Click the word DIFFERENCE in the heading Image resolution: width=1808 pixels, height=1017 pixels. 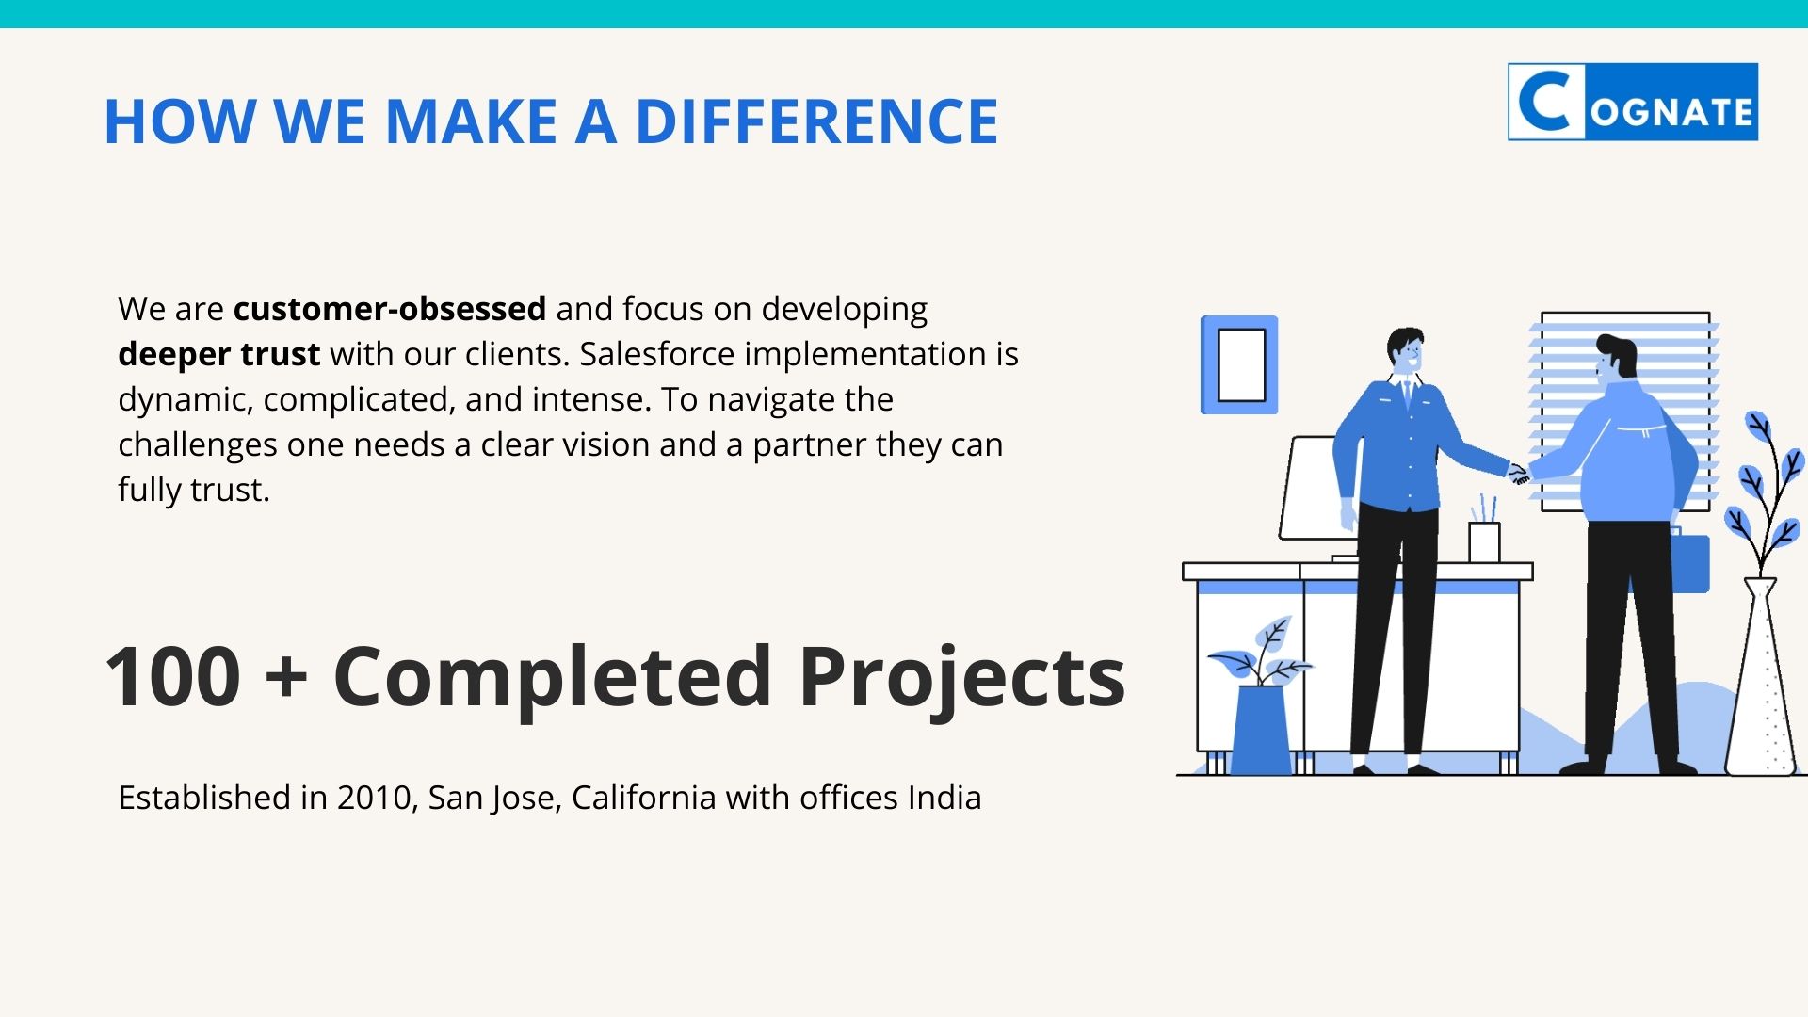coord(816,121)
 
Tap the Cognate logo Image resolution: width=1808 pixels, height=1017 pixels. coord(1633,102)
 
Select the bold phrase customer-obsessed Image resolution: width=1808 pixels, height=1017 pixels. coord(390,309)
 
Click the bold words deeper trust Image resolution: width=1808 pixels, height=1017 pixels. coord(219,354)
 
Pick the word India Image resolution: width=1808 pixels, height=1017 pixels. coord(944,798)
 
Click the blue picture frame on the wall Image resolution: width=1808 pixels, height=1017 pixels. coord(1239,364)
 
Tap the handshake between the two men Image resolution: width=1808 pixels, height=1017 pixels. coord(1520,474)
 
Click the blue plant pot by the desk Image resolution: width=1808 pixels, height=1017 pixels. coord(1261,730)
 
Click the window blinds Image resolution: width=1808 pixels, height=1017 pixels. coord(1624,412)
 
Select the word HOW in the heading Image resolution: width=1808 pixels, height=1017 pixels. coord(179,121)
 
